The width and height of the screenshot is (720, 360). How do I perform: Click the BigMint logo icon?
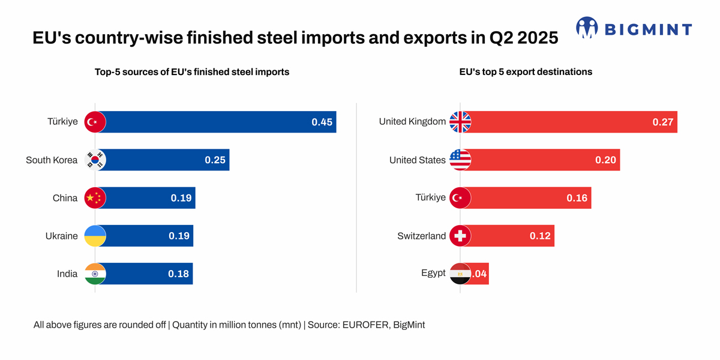click(x=587, y=28)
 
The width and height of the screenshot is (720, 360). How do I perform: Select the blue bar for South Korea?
click(x=162, y=160)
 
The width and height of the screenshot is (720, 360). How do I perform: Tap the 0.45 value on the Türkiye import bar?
click(x=322, y=122)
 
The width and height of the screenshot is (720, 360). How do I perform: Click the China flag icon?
click(x=95, y=198)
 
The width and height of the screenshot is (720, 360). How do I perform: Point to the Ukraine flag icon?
click(x=95, y=236)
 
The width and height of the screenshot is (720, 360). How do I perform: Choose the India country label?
click(x=67, y=274)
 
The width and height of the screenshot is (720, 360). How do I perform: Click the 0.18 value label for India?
click(x=178, y=274)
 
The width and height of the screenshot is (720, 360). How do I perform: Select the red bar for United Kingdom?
click(x=570, y=122)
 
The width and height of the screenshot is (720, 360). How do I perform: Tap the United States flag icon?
click(x=460, y=160)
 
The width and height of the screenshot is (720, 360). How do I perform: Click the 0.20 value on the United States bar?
click(x=605, y=160)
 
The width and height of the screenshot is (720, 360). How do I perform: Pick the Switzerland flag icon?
click(x=460, y=236)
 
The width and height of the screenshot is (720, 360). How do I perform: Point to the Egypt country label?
click(x=433, y=273)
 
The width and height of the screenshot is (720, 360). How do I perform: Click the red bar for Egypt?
click(x=479, y=274)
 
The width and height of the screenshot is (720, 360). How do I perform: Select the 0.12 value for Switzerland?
click(x=540, y=236)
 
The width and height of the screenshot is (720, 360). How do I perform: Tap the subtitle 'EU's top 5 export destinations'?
click(x=526, y=72)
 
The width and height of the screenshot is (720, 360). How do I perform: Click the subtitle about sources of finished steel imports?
click(x=192, y=72)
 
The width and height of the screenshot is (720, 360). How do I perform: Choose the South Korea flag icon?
click(x=95, y=160)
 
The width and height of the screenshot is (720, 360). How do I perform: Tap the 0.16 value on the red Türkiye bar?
click(x=577, y=198)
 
